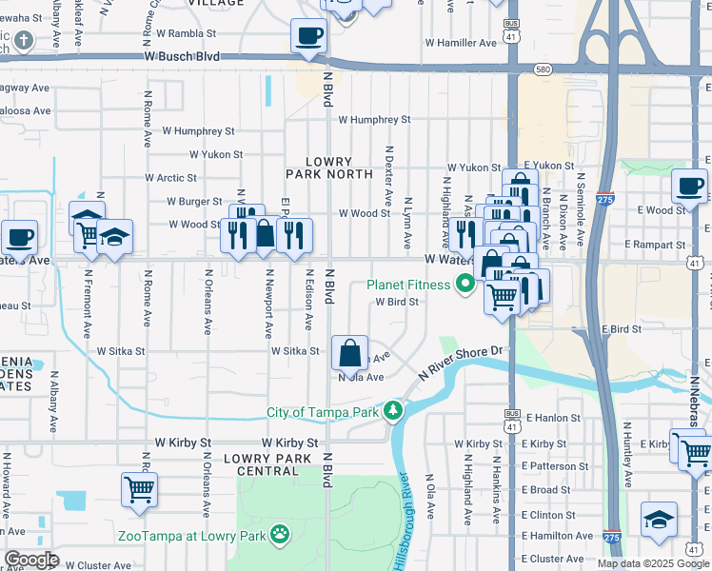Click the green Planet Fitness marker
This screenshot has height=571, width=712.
tap(465, 284)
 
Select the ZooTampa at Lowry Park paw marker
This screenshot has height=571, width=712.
tap(280, 534)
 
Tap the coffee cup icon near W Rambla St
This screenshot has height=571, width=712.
tap(308, 36)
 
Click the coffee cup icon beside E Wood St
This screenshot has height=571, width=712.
tap(688, 186)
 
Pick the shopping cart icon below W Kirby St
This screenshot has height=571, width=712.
tap(139, 490)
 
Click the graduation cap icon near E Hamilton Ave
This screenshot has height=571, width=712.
tap(659, 520)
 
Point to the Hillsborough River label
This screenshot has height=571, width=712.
tap(405, 520)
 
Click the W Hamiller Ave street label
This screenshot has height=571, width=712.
tap(461, 43)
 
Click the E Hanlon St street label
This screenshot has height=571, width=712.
tap(550, 418)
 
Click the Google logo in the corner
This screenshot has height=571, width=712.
tap(31, 560)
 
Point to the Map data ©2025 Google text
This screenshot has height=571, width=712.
tap(653, 563)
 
